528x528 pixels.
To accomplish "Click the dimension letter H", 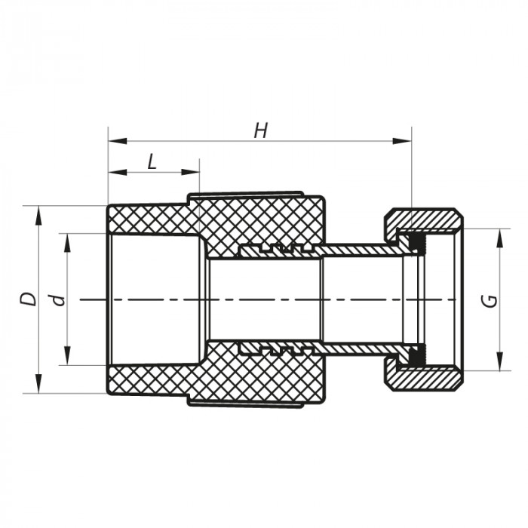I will [261, 130].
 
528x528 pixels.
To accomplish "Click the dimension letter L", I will [152, 161].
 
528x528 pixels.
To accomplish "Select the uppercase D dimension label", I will [29, 299].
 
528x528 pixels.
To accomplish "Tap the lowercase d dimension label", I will [58, 299].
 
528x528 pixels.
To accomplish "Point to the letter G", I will [490, 299].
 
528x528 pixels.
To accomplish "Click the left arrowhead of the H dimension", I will [114, 140].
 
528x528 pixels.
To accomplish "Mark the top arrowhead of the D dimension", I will [37, 211].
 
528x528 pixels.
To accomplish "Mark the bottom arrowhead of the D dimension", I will [37, 387].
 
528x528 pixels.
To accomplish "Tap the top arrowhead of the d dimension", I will [67, 239].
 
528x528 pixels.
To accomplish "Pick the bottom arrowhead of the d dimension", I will [67, 359].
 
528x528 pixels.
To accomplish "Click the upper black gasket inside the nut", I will [414, 242].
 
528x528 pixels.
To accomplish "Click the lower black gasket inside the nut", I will [414, 355].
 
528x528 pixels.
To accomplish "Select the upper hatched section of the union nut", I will [426, 219].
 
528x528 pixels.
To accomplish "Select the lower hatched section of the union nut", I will [426, 378].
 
